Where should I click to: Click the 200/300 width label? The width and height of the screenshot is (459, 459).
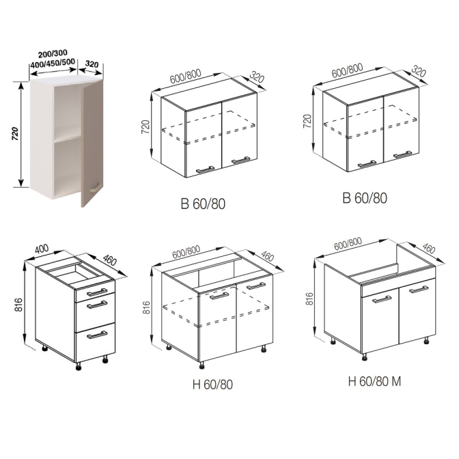click(x=53, y=54)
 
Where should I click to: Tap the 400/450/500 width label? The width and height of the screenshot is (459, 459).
click(x=53, y=63)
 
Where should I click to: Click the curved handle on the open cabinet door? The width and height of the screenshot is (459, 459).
click(x=95, y=187)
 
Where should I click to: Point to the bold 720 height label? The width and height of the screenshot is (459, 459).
click(x=15, y=133)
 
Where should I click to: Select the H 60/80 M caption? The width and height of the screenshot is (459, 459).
click(x=374, y=381)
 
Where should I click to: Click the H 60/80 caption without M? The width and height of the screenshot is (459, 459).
click(x=212, y=385)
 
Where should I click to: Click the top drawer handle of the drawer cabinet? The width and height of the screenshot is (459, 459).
click(x=97, y=292)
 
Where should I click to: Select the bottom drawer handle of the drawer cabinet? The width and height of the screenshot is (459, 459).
click(x=97, y=335)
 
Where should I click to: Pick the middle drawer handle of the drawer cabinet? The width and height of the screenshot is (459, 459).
click(x=97, y=305)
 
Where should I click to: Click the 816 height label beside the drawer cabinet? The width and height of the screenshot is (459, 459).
click(x=18, y=305)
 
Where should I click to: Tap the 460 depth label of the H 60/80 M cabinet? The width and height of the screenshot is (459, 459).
click(x=428, y=249)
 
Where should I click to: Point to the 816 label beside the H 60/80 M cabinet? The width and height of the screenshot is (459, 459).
click(x=309, y=299)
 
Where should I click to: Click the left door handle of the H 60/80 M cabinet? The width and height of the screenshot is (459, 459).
click(x=382, y=299)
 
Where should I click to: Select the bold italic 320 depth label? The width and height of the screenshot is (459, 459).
click(x=92, y=64)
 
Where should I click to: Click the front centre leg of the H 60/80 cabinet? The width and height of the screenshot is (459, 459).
click(x=201, y=365)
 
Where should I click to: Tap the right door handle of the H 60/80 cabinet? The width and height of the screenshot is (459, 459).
click(x=256, y=286)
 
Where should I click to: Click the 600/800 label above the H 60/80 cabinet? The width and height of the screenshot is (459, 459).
click(x=186, y=252)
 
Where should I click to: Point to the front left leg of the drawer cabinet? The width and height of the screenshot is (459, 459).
click(x=78, y=367)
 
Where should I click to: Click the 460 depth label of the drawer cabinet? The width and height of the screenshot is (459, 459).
click(x=110, y=260)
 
